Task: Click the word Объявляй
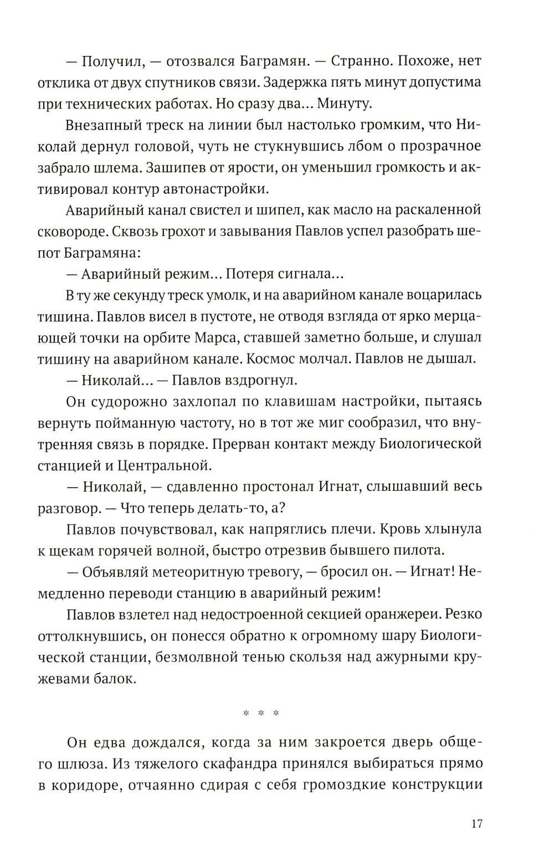coord(116,572)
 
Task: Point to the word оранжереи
coord(402,614)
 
